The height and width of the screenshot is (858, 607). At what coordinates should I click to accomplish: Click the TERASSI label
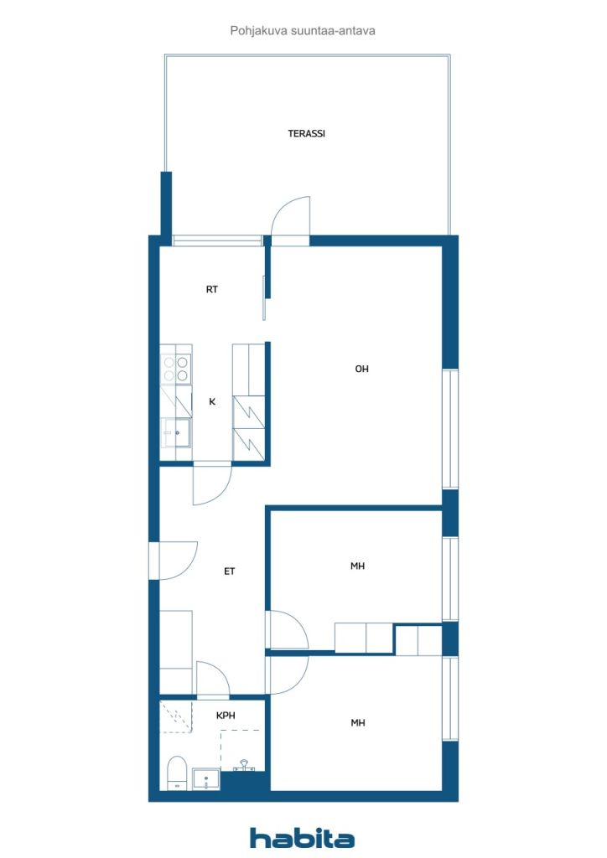click(x=307, y=133)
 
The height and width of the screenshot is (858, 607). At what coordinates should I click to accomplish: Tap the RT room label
click(x=212, y=289)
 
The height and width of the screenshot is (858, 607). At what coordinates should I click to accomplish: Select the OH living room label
click(x=362, y=369)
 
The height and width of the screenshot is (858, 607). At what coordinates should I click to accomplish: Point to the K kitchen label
click(x=212, y=401)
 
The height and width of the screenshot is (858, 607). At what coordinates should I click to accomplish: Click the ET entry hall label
click(x=230, y=571)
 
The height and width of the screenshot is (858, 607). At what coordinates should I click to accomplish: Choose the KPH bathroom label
click(x=226, y=716)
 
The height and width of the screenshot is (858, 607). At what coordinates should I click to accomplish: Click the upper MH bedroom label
click(x=357, y=566)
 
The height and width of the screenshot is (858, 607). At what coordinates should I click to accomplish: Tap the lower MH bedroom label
click(x=357, y=723)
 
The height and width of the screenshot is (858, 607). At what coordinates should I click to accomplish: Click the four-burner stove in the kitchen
click(x=176, y=369)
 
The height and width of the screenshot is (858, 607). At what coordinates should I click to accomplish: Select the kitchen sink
click(x=177, y=433)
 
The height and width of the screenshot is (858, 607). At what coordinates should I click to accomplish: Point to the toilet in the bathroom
click(x=176, y=773)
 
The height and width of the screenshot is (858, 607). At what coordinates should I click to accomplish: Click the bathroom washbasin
click(x=205, y=779)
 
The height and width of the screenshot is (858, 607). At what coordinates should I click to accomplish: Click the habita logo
click(x=302, y=838)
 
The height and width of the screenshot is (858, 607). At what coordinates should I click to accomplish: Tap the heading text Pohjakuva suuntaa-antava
click(x=303, y=31)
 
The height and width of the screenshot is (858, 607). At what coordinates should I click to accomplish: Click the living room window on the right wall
click(x=450, y=428)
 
